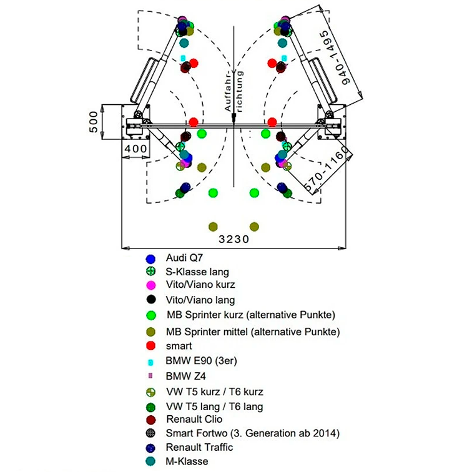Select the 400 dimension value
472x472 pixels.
coord(135,149)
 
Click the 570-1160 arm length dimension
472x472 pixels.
coord(328,169)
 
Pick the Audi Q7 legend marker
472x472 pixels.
coord(150,258)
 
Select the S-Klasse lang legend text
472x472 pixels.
coord(197,272)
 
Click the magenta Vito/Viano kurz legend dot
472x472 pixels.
coord(150,285)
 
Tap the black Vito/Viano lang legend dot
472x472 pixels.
coord(150,300)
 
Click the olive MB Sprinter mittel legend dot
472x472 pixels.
coord(150,331)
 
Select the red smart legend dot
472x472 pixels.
coord(150,345)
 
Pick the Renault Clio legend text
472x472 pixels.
coord(194,419)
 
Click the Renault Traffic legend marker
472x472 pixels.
coord(150,448)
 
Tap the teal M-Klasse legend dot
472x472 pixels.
coord(150,461)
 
